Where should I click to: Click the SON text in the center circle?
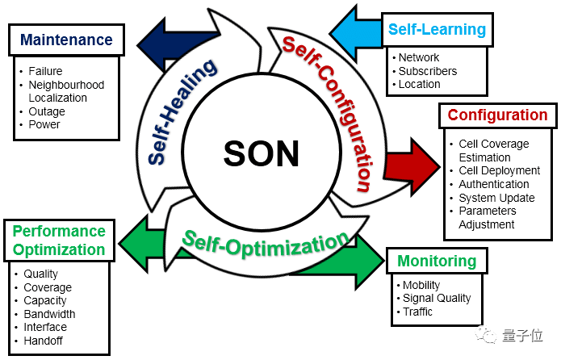click(260, 153)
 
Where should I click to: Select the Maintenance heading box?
click(66, 40)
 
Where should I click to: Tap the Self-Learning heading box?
click(437, 29)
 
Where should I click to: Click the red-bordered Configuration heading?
click(497, 115)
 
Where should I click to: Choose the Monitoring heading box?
click(436, 261)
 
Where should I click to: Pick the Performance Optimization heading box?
click(58, 240)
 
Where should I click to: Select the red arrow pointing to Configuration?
click(409, 159)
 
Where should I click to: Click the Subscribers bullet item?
click(428, 71)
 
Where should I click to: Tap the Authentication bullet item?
click(493, 184)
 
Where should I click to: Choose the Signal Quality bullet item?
click(437, 298)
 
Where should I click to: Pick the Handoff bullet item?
click(44, 341)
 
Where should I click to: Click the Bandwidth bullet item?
click(50, 314)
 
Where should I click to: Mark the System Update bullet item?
click(496, 198)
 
